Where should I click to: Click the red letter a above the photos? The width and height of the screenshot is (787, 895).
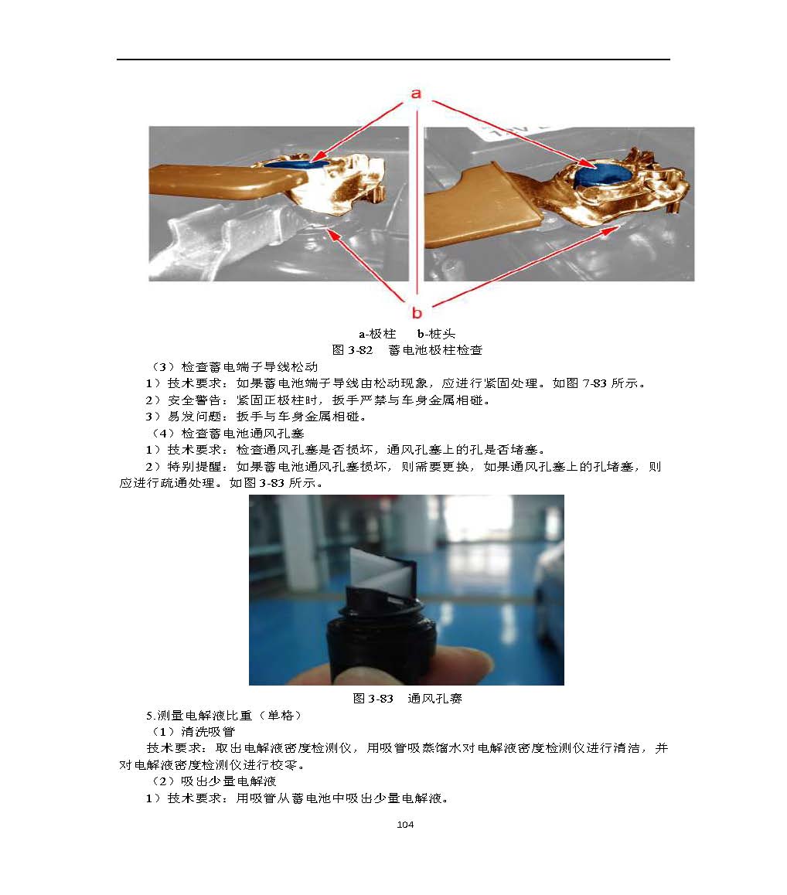point(416,94)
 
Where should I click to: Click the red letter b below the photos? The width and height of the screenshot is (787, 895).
point(417,313)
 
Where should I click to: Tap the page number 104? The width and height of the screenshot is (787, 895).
point(405,824)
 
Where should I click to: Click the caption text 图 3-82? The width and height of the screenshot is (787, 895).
point(353,350)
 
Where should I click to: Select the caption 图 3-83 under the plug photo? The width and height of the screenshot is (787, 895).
point(373,698)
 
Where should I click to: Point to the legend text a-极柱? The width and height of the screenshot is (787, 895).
point(377,334)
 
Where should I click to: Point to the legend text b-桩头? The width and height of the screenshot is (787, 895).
point(436,334)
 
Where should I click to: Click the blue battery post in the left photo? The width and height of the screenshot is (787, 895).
point(296,163)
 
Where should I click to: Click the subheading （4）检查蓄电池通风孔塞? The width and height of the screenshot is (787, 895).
point(227,434)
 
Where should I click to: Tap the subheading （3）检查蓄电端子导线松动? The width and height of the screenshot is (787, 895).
point(233,366)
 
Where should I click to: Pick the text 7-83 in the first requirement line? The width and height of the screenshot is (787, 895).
point(594,383)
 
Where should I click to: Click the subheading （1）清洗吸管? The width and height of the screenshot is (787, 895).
point(192,732)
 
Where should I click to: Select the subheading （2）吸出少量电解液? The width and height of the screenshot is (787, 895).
point(213,781)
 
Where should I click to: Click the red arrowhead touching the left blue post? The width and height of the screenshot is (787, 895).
point(319,156)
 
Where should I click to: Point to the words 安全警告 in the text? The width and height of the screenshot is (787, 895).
point(194,400)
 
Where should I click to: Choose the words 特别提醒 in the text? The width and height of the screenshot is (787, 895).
point(194,466)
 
